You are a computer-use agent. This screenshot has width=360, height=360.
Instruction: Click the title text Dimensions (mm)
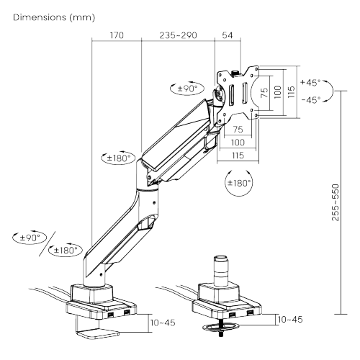tap(54, 17)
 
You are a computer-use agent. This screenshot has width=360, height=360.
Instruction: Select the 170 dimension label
tap(117, 35)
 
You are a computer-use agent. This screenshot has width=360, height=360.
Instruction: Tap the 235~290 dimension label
tap(178, 35)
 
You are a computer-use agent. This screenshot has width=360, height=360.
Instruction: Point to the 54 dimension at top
tap(228, 35)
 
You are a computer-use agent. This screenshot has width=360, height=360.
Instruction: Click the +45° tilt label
tap(310, 82)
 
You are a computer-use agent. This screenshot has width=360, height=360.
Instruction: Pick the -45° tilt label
tap(311, 99)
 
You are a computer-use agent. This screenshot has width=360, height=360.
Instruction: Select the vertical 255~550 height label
tap(336, 202)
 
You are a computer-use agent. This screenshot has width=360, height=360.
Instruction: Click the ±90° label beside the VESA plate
tap(187, 89)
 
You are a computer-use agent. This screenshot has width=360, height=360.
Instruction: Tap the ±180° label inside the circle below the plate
tap(239, 183)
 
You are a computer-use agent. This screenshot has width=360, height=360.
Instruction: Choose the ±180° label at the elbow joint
tap(119, 158)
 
